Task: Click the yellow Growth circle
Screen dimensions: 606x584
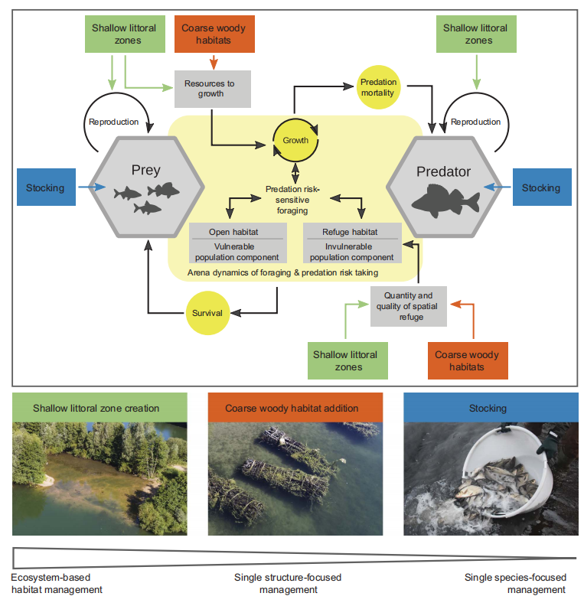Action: click(x=295, y=140)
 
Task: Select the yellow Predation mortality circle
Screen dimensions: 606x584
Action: click(x=378, y=87)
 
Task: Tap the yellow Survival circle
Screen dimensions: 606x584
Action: click(x=207, y=312)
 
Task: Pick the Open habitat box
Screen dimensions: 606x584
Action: click(x=238, y=243)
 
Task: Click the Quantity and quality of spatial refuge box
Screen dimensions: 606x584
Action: click(x=408, y=306)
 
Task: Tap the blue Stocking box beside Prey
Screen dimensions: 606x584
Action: click(x=45, y=187)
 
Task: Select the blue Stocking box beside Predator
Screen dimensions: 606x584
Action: click(x=540, y=187)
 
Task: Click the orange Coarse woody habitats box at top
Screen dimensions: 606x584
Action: click(x=214, y=34)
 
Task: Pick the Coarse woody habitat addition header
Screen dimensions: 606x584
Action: click(x=295, y=409)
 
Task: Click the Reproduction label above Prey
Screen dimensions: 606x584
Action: click(x=113, y=121)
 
